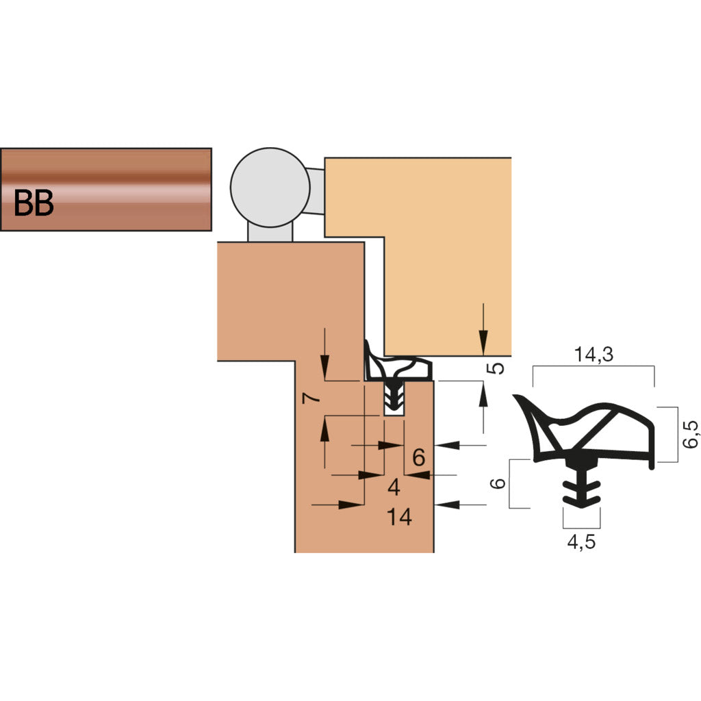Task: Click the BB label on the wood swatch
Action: pyautogui.click(x=34, y=203)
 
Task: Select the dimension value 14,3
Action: pyautogui.click(x=594, y=355)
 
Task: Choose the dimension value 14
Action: pyautogui.click(x=399, y=517)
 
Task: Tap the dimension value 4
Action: pyautogui.click(x=394, y=487)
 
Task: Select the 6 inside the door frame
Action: pyautogui.click(x=420, y=456)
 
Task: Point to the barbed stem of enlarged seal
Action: pyautogui.click(x=581, y=486)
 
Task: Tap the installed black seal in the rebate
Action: pyautogui.click(x=397, y=373)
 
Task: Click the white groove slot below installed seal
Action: pyautogui.click(x=394, y=411)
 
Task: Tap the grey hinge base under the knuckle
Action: pyautogui.click(x=270, y=233)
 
